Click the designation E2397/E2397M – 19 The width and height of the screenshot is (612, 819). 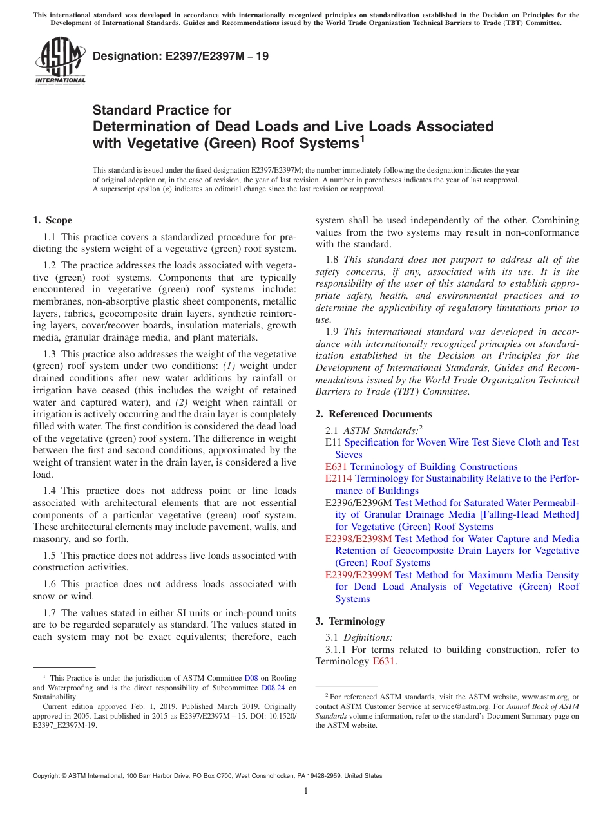(x=180, y=56)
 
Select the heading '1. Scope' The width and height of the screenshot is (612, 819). (x=52, y=220)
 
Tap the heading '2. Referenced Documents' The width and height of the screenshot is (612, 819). (x=374, y=414)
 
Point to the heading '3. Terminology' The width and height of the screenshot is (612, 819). (x=350, y=621)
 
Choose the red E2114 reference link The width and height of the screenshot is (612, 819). (x=339, y=478)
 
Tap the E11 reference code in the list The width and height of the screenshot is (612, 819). (x=333, y=442)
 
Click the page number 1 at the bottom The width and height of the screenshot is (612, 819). (x=306, y=791)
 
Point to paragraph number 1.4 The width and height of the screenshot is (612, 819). (x=51, y=491)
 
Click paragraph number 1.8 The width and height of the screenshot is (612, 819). (x=333, y=259)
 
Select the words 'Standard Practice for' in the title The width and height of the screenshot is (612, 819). (x=162, y=110)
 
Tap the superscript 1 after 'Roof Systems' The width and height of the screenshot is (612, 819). (x=363, y=138)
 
